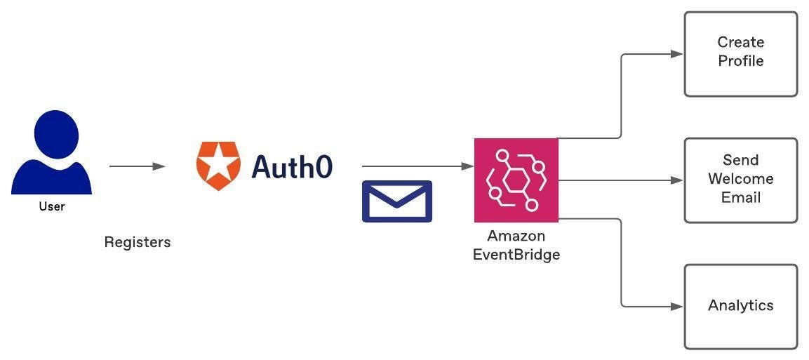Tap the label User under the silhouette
pyautogui.click(x=51, y=206)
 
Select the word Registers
pyautogui.click(x=138, y=242)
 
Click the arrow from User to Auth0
pyautogui.click(x=137, y=166)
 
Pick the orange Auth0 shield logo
pyautogui.click(x=218, y=166)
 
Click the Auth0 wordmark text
pyautogui.click(x=292, y=166)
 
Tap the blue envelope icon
pyautogui.click(x=396, y=201)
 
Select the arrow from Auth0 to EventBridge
pyautogui.click(x=417, y=166)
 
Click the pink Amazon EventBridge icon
pyautogui.click(x=516, y=180)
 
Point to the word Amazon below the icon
pyautogui.click(x=516, y=236)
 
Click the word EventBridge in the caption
pyautogui.click(x=516, y=255)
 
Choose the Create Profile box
pyautogui.click(x=740, y=53)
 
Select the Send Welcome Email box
pyautogui.click(x=740, y=180)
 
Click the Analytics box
pyautogui.click(x=740, y=306)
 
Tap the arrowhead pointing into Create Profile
pyautogui.click(x=677, y=53)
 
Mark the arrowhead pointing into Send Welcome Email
pyautogui.click(x=677, y=180)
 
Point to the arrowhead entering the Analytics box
pyautogui.click(x=677, y=306)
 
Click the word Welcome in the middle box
pyautogui.click(x=741, y=179)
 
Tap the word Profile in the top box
pyautogui.click(x=741, y=61)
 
